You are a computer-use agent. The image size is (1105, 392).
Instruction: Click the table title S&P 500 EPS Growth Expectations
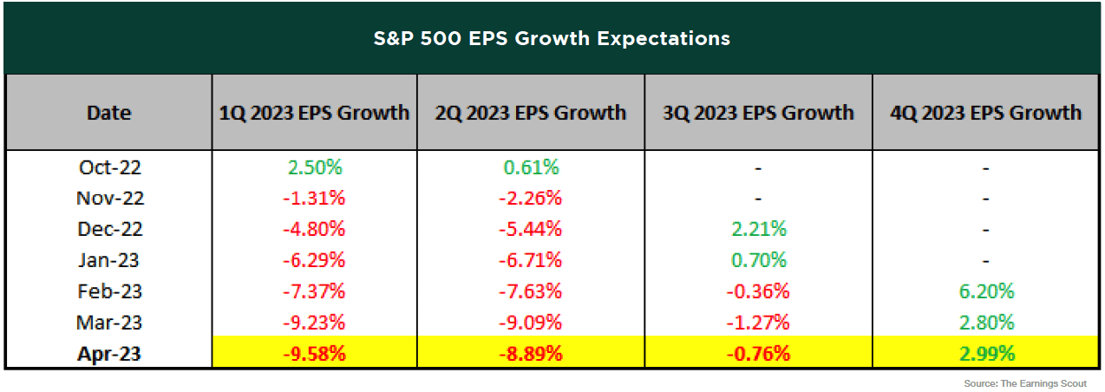click(552, 38)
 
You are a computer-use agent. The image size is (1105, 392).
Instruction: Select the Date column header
click(108, 113)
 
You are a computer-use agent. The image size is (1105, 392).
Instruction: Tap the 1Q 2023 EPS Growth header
click(314, 113)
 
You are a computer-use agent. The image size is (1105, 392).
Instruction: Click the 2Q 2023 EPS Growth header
click(530, 113)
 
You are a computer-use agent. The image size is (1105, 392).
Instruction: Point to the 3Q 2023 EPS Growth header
click(758, 113)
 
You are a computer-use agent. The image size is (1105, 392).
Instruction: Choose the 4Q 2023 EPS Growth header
click(985, 113)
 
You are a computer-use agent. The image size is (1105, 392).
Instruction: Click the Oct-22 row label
click(108, 167)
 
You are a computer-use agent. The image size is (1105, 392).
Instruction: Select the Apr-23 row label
click(108, 354)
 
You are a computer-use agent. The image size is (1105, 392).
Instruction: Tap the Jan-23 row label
click(108, 260)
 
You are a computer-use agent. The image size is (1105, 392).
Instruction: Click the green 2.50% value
click(314, 167)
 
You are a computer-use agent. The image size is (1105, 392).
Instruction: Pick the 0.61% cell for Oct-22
click(530, 167)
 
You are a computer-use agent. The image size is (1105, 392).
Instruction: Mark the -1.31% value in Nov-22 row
click(314, 198)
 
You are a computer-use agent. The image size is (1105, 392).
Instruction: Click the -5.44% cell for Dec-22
click(530, 229)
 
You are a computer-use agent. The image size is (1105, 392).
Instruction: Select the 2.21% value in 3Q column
click(758, 229)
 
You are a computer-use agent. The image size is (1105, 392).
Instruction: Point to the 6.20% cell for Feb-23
click(985, 291)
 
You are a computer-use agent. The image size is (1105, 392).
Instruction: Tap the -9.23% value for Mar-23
click(314, 323)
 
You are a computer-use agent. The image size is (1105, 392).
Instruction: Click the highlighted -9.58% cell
click(314, 354)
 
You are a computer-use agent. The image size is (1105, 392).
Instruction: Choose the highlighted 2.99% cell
click(985, 354)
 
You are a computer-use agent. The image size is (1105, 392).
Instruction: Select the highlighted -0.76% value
click(758, 354)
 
